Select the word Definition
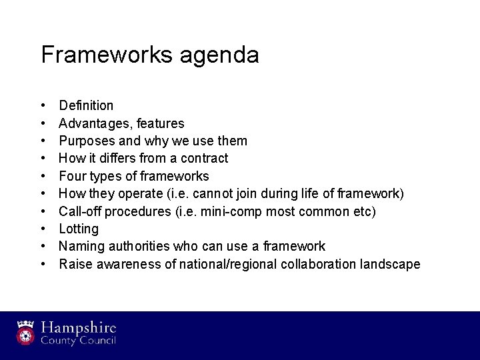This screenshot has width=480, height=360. (x=86, y=105)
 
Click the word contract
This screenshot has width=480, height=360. (x=205, y=158)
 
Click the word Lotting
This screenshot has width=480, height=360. (x=79, y=229)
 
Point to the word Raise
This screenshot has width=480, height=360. (x=74, y=264)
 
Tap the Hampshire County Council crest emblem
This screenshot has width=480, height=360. (x=26, y=333)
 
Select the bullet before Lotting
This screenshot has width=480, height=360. (x=43, y=229)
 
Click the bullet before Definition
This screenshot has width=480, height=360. (x=43, y=105)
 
